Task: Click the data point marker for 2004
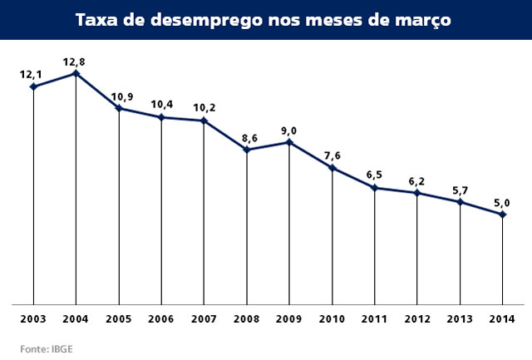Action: [76, 73]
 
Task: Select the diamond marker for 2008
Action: [247, 150]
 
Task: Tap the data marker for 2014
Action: [503, 215]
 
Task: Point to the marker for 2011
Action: [375, 188]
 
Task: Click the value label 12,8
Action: [76, 60]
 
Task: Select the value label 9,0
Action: [289, 129]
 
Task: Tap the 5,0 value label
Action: [501, 201]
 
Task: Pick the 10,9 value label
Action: [120, 94]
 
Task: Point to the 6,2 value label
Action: [417, 180]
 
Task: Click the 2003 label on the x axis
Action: [33, 319]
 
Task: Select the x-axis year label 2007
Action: [204, 319]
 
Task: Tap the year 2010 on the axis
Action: [332, 319]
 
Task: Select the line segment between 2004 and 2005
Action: [98, 91]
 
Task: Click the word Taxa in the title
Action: [98, 19]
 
